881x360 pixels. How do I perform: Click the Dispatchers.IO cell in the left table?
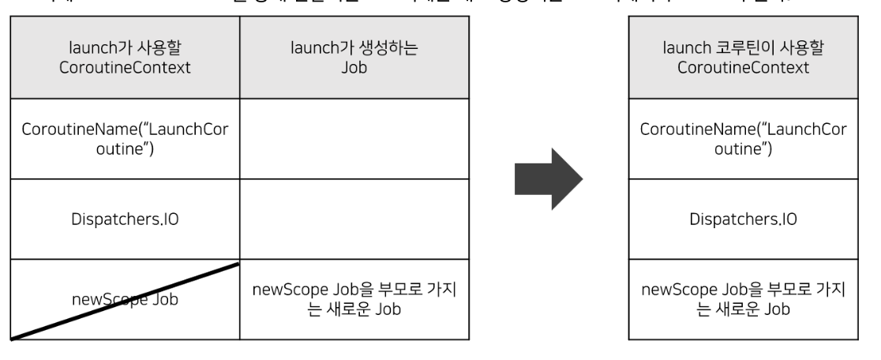(x=125, y=219)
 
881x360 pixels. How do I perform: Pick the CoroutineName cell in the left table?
(x=125, y=139)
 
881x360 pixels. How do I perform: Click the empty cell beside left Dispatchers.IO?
(x=354, y=219)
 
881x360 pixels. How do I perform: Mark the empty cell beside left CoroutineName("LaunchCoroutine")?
(x=354, y=139)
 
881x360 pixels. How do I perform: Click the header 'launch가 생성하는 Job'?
(x=354, y=59)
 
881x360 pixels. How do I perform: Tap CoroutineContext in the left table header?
(x=125, y=68)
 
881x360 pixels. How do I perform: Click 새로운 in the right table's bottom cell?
(x=736, y=308)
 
